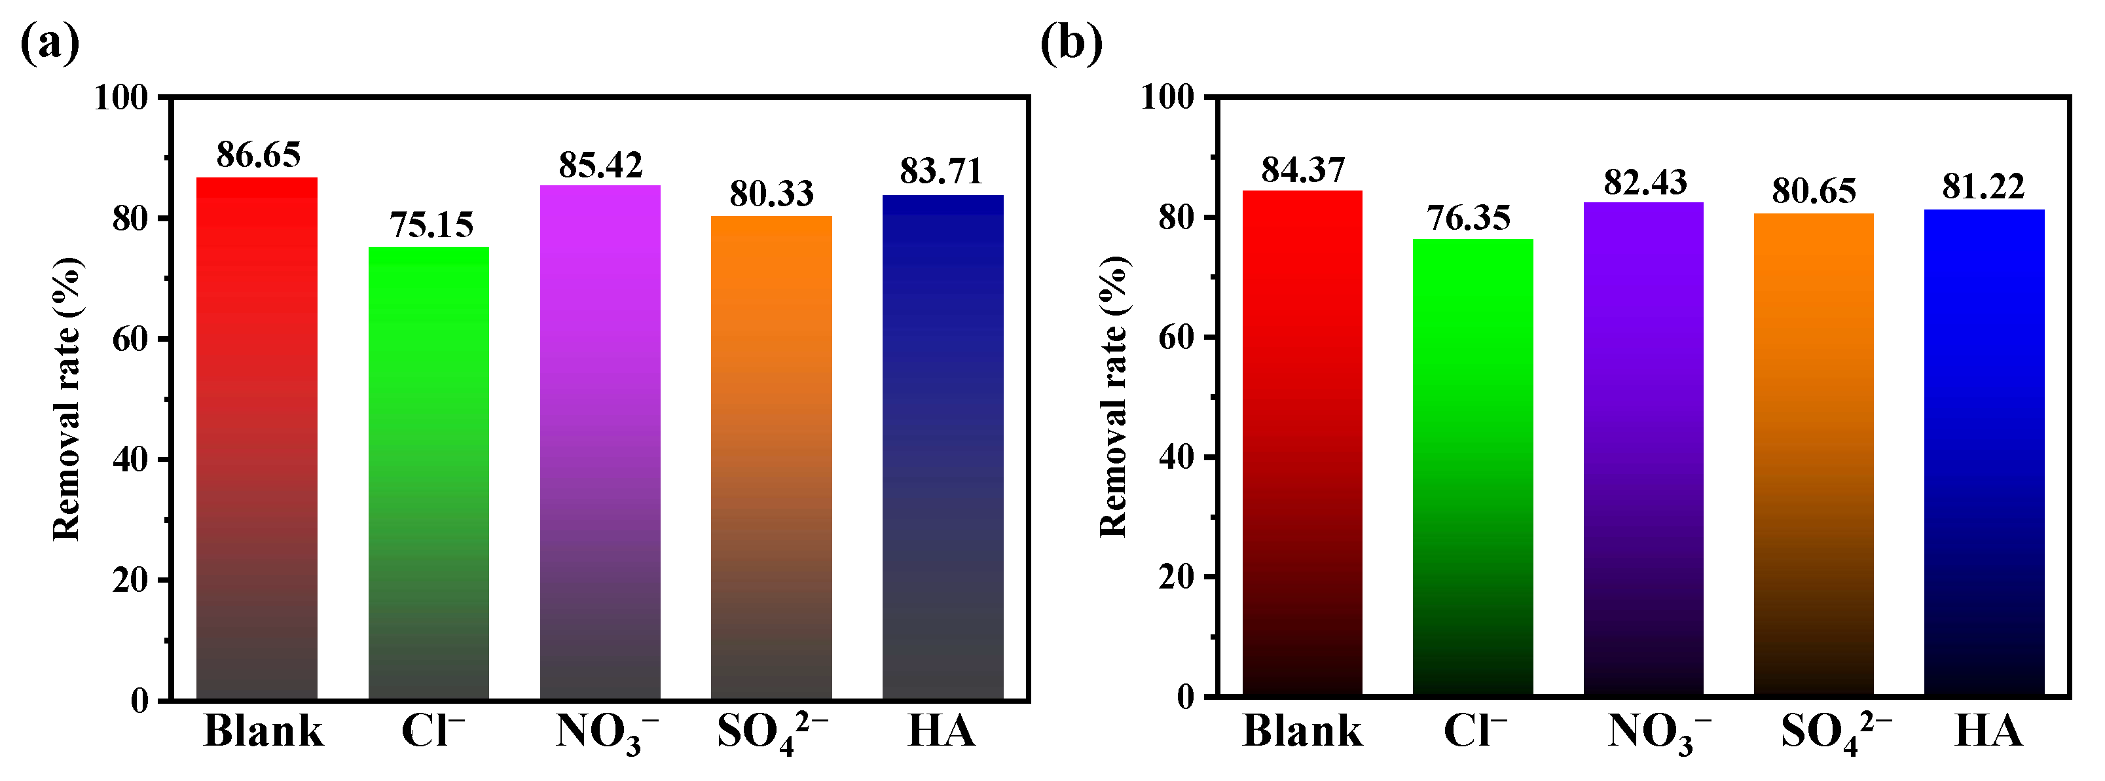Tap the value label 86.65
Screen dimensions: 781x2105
(x=258, y=154)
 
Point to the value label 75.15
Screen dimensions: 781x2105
(x=431, y=225)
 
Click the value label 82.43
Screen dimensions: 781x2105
(x=1645, y=181)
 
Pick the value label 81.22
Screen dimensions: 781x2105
(x=1983, y=187)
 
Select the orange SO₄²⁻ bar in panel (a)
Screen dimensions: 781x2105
(x=771, y=458)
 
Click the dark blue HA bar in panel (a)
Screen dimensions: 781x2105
(x=942, y=447)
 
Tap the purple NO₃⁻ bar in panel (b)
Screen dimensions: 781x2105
(x=1643, y=449)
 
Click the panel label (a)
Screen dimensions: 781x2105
(x=49, y=43)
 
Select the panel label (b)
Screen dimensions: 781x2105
(x=1071, y=43)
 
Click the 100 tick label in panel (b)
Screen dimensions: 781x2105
(x=1167, y=98)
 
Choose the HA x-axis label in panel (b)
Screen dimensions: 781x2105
(x=1987, y=731)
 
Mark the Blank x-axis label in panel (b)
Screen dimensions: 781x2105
(x=1302, y=731)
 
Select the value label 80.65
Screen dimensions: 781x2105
(x=1813, y=191)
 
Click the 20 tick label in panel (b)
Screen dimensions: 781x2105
(x=1176, y=577)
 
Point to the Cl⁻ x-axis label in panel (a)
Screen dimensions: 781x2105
(x=431, y=731)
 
